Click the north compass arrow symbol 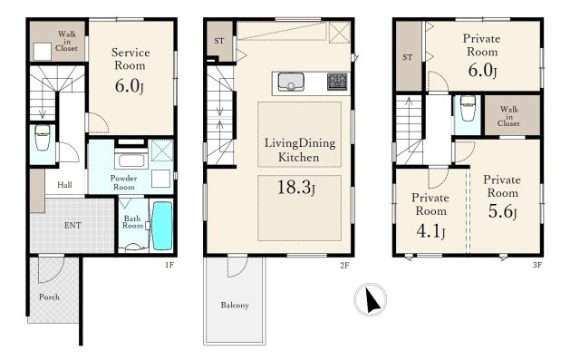pos(372,300)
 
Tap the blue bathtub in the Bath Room pos(162,226)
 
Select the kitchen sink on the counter pos(291,82)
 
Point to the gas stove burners pos(337,82)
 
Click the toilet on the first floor pos(43,137)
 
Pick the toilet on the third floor pos(468,108)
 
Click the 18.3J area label pos(296,187)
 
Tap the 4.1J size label pos(430,231)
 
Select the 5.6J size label pos(502,211)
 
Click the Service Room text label pos(130,59)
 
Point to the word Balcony pos(235,306)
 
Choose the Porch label pos(49,297)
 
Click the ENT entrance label pos(72,225)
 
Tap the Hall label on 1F pos(64,185)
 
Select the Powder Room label pos(123,182)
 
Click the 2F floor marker pos(344,265)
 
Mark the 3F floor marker pos(537,265)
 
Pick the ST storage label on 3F pos(407,57)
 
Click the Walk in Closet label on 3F pos(509,116)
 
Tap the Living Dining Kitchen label pos(300,150)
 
